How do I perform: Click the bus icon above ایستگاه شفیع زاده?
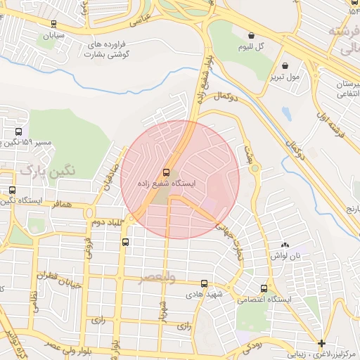point(167,172)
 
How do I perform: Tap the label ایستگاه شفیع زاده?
point(169,183)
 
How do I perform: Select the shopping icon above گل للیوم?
point(251,35)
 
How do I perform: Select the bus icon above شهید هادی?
point(203,283)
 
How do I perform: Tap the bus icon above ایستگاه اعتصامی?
point(264,288)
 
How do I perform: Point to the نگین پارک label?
point(47,169)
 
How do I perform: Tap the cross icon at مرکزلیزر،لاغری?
point(321,344)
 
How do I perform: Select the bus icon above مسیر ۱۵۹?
point(18,131)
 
